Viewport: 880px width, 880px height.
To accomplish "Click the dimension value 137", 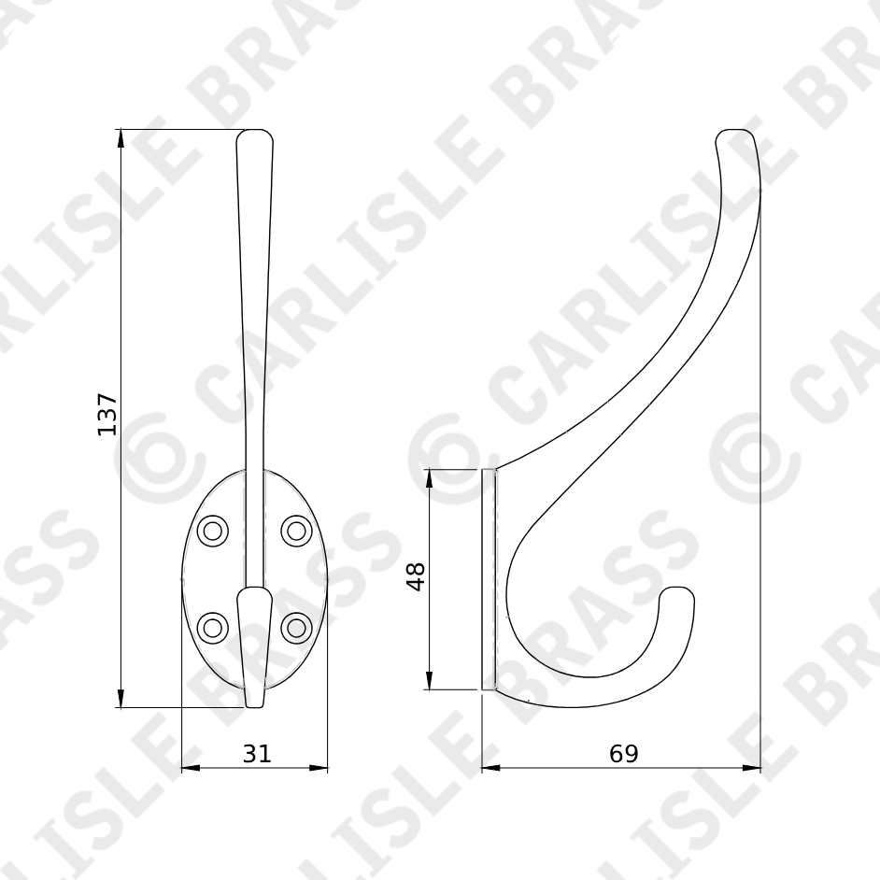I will (108, 413).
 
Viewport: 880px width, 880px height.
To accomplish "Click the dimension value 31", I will (256, 753).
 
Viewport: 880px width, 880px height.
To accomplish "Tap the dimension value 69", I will (623, 753).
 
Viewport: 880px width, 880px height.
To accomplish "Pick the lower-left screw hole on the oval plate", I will (213, 627).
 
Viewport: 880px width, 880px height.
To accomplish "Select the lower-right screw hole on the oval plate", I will (297, 627).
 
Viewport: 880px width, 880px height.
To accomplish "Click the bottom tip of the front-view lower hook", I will (254, 703).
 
